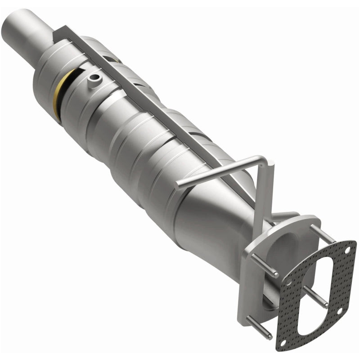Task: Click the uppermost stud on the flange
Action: tap(322, 234)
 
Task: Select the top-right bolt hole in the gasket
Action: tap(348, 250)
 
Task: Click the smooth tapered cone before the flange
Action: tap(211, 216)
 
